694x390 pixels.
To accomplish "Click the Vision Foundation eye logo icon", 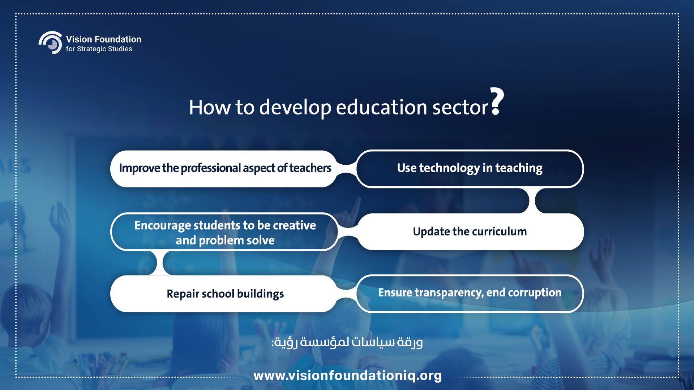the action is tap(51, 43).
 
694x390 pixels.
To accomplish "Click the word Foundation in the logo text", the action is tap(117, 39).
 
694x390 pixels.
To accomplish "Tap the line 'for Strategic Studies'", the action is tap(99, 49).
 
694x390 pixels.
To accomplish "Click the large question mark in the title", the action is tap(497, 101).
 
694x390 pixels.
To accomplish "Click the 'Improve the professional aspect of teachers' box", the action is tap(224, 169).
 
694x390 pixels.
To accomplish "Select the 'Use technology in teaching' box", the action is tap(470, 169).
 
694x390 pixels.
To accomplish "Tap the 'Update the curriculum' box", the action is tap(470, 231).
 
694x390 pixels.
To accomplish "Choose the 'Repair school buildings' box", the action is tap(224, 294).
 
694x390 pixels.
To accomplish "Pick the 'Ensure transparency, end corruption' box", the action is tap(470, 294).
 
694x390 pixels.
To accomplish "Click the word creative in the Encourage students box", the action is tap(294, 225).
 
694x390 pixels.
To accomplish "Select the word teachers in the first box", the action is tap(310, 168).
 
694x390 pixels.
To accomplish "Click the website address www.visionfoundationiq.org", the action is tap(348, 376).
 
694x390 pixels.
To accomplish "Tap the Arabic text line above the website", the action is tap(347, 342).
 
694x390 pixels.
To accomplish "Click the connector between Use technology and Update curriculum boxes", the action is tap(532, 200).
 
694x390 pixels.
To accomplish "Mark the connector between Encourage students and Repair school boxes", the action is tap(160, 263).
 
